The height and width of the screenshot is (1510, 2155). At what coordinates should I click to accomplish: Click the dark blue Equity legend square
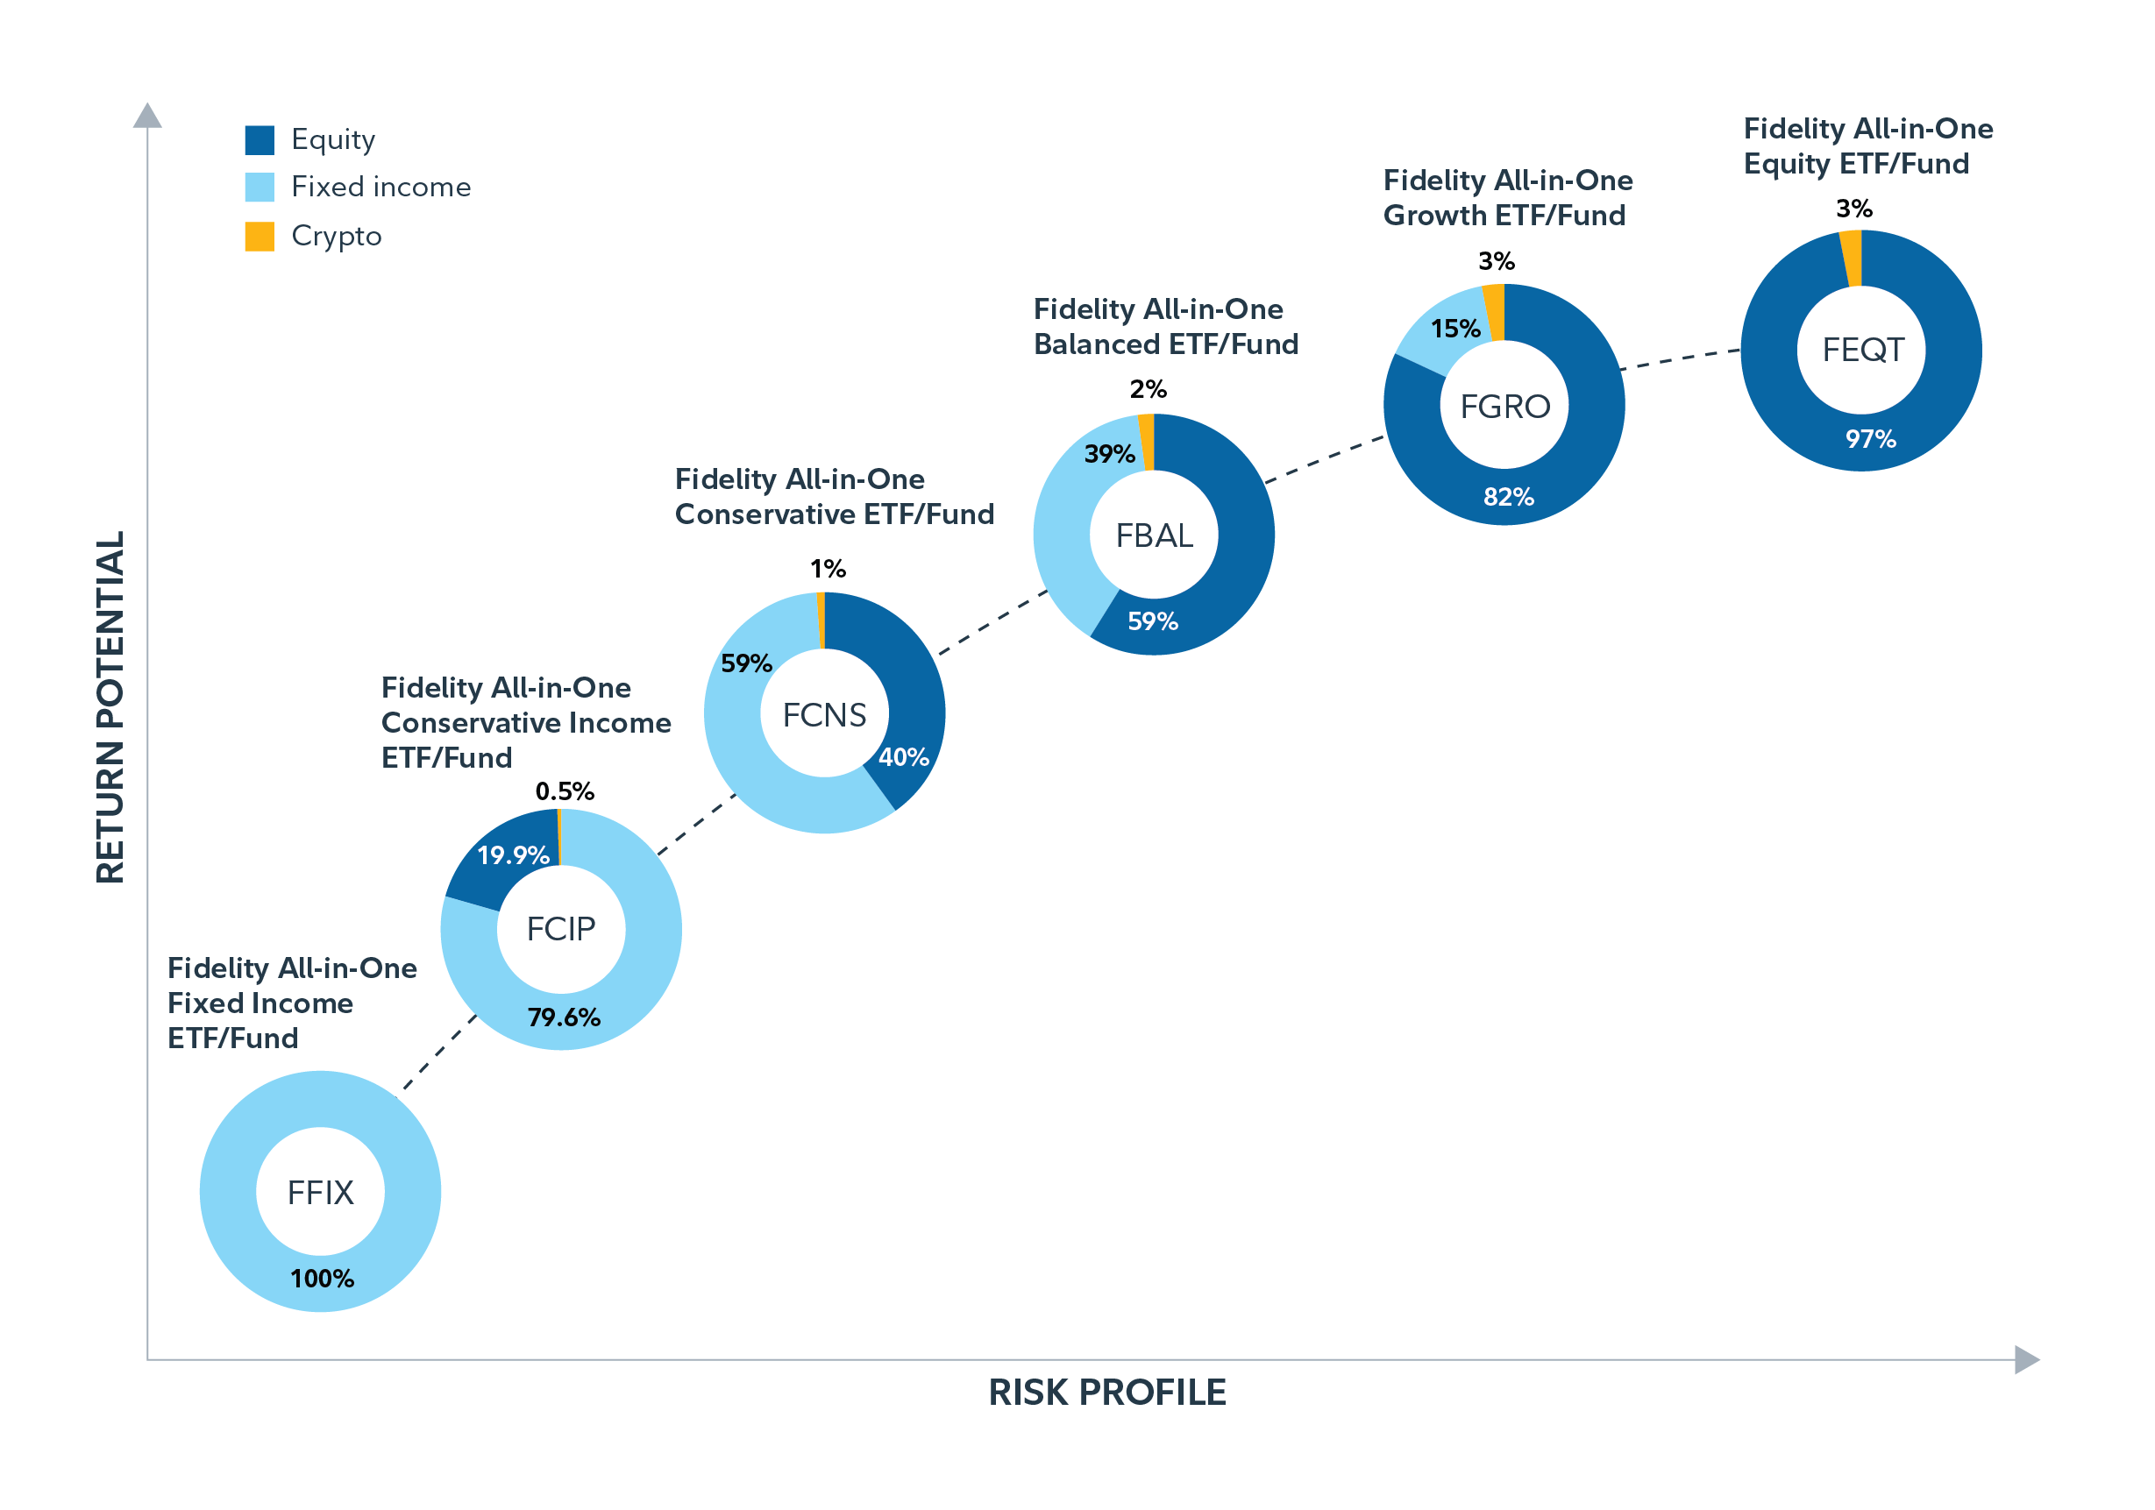[259, 140]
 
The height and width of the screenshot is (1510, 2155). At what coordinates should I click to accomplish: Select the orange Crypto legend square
[259, 237]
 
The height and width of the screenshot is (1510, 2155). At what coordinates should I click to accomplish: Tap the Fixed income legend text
[381, 187]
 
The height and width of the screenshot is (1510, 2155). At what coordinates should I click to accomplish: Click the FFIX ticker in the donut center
[320, 1193]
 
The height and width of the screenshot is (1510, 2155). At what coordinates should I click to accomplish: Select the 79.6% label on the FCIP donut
[563, 1017]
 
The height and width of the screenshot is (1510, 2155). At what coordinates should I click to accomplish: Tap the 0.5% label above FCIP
[564, 791]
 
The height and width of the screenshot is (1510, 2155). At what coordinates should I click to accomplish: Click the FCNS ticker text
[824, 715]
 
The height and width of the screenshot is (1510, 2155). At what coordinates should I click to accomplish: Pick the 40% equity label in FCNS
[903, 757]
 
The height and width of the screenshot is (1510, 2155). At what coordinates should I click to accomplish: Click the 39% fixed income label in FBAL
[1109, 454]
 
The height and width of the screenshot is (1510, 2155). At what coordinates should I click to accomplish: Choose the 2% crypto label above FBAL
[1147, 388]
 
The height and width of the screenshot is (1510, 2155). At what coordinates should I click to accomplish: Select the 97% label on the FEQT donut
[1870, 438]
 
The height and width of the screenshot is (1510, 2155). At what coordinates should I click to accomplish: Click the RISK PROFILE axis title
[1106, 1393]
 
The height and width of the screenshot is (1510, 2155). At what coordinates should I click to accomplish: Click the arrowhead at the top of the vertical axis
[147, 116]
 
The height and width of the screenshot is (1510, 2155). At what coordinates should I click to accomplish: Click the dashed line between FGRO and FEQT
[1680, 359]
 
